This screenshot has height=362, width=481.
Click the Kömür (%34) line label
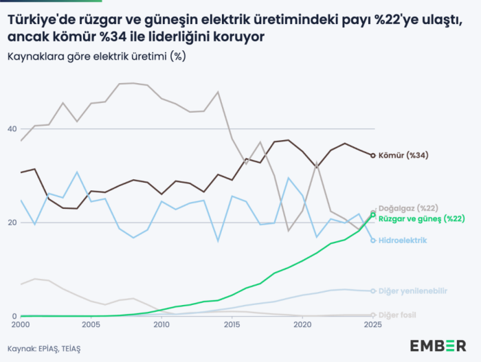(x=403, y=155)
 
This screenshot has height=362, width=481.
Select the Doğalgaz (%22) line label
(x=408, y=207)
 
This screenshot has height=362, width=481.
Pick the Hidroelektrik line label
(x=403, y=240)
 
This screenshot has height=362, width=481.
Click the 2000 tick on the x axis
(x=21, y=324)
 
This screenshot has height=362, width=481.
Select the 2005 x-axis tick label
(x=91, y=324)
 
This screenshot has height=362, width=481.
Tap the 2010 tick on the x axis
(x=161, y=324)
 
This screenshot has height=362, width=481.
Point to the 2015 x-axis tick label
(x=232, y=324)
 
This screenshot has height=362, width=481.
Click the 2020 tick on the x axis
(x=302, y=324)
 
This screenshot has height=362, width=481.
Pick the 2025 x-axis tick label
(x=373, y=324)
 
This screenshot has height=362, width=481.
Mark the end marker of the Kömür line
(x=373, y=156)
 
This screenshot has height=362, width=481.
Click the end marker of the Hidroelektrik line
(x=373, y=240)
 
